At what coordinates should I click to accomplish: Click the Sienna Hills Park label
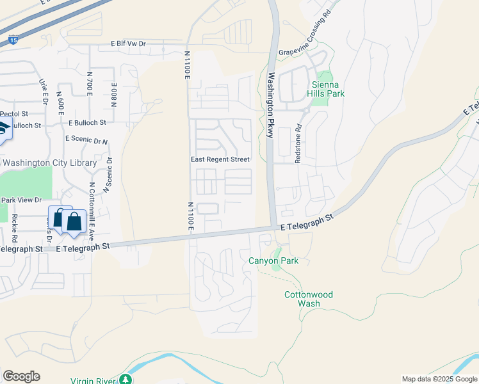pos(327,88)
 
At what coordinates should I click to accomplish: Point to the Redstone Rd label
pos(298,144)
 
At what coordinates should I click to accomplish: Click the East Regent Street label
pos(220,159)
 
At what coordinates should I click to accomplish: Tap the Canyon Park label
pos(273,260)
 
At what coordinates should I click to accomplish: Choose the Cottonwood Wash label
pos(309,299)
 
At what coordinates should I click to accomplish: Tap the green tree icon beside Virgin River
pos(126,380)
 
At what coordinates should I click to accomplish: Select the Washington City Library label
pos(49,163)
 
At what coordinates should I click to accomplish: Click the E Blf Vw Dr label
pos(129,44)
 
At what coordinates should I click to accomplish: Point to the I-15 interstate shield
pos(13,40)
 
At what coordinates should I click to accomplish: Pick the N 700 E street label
pos(90,83)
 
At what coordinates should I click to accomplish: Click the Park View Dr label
pos(21,200)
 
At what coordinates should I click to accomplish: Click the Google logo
pos(21,376)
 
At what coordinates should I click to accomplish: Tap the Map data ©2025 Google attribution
pos(439,379)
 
